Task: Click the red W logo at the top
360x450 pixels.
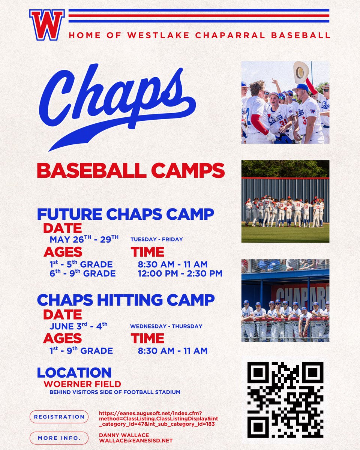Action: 47,25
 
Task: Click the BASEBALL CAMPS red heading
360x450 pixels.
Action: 130,171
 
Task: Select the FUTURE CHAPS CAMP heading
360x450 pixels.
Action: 125,214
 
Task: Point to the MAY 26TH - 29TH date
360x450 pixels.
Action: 84,240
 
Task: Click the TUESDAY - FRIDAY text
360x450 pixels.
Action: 156,239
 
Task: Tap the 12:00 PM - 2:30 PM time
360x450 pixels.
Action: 180,274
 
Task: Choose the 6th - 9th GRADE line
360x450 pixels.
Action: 82,274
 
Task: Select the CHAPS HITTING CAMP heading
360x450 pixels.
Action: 126,300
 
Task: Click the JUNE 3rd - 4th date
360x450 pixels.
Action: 79,326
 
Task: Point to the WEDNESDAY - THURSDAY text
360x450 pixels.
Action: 166,326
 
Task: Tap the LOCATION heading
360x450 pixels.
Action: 74,373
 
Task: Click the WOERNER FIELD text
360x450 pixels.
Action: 82,384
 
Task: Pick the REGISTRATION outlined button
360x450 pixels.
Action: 59,417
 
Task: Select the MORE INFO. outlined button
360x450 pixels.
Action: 59,438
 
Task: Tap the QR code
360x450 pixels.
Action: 285,400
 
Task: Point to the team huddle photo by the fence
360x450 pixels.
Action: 285,201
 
